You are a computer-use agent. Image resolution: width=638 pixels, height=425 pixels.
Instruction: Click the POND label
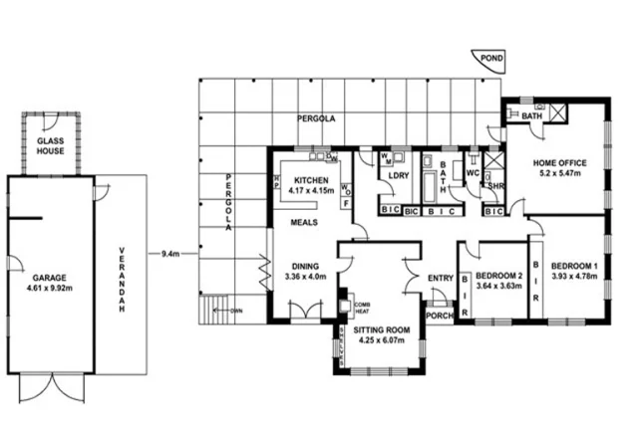click(x=490, y=59)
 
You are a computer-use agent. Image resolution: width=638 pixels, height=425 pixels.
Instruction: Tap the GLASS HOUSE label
click(x=51, y=147)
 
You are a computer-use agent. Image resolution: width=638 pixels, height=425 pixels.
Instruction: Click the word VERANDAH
click(x=122, y=279)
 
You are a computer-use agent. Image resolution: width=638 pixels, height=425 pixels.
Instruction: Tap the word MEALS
click(x=304, y=222)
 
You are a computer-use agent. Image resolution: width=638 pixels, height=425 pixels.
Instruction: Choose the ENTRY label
click(x=440, y=278)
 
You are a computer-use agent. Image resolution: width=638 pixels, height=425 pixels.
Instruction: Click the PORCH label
click(x=439, y=318)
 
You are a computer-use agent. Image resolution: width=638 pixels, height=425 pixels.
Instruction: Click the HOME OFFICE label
click(x=558, y=163)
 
